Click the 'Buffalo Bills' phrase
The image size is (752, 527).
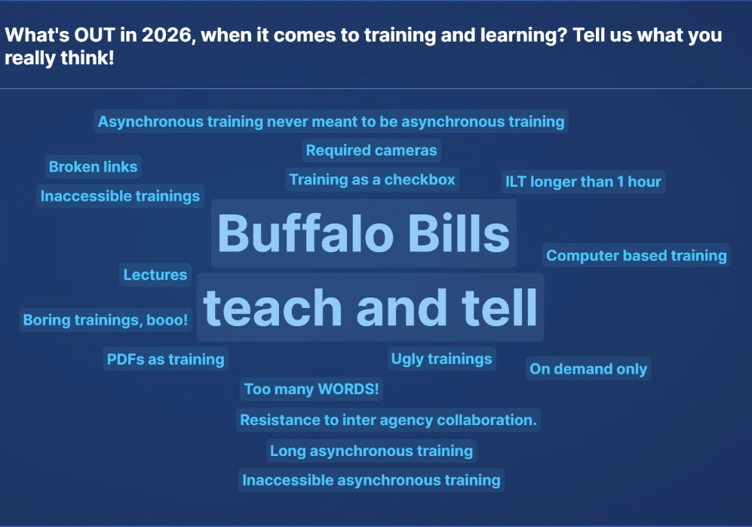click(x=364, y=233)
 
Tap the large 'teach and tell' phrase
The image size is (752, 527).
click(x=370, y=307)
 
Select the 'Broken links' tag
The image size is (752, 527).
click(x=94, y=167)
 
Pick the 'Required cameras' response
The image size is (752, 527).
click(x=371, y=150)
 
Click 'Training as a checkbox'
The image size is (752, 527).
click(x=373, y=180)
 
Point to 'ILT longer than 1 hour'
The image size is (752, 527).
click(x=583, y=182)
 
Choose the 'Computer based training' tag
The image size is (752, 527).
click(x=636, y=256)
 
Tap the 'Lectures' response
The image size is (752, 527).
click(x=155, y=275)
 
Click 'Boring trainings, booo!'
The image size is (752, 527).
click(x=106, y=320)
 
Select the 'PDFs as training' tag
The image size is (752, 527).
click(x=166, y=359)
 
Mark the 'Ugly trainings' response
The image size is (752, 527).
click(x=441, y=359)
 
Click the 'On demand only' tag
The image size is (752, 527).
click(x=588, y=369)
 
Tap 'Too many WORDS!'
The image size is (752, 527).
click(x=312, y=390)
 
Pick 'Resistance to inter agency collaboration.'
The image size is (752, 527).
click(x=388, y=420)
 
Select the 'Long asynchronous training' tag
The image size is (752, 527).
click(x=372, y=451)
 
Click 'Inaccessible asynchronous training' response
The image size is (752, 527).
click(x=371, y=480)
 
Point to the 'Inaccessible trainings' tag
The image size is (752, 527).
click(x=121, y=196)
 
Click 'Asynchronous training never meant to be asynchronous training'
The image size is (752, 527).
click(x=331, y=122)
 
